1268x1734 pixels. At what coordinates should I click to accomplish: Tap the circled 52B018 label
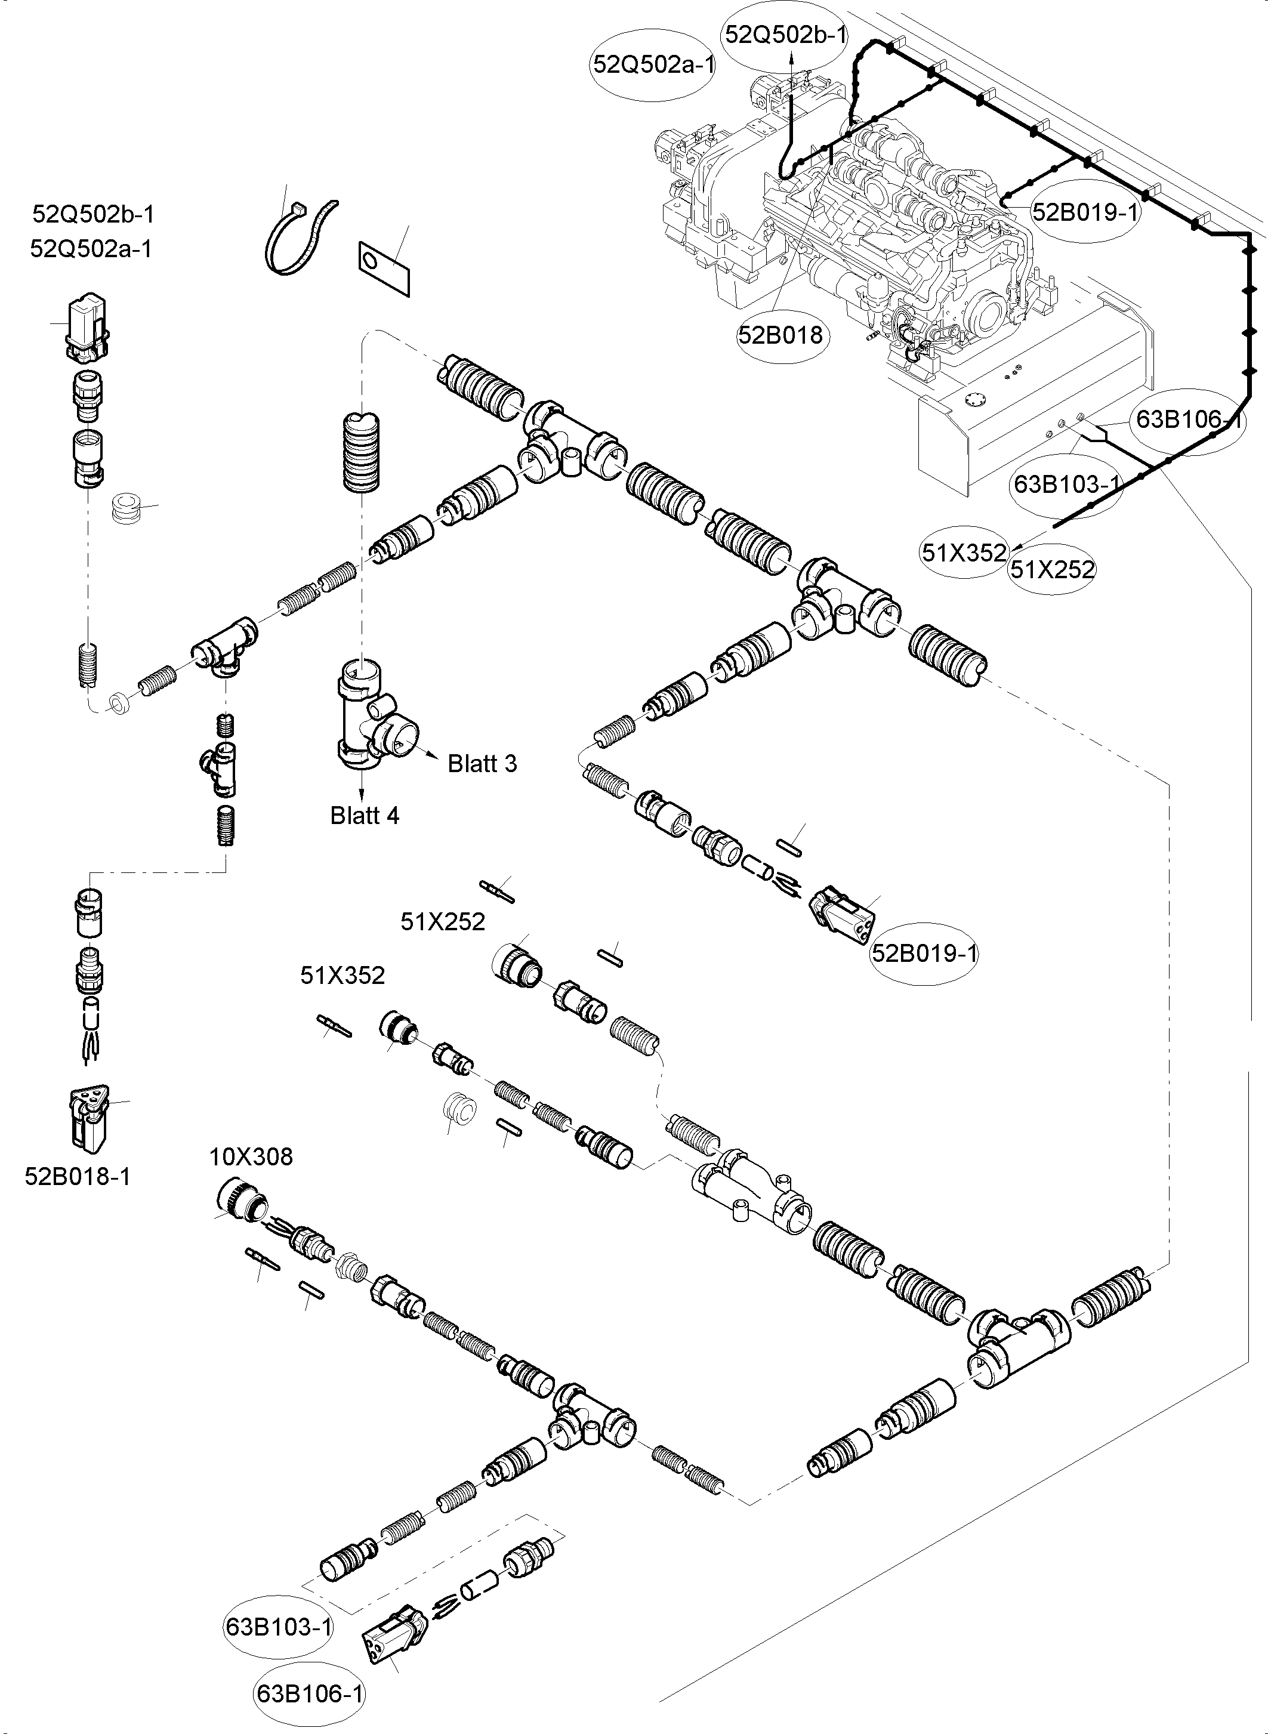(x=780, y=335)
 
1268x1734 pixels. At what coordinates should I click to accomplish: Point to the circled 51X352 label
(x=964, y=553)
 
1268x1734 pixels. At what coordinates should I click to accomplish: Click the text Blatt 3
(x=482, y=764)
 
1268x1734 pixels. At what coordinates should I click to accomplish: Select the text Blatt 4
(x=365, y=815)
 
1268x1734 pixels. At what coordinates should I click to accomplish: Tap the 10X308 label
(x=251, y=1157)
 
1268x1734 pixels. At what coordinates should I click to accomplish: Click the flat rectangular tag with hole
(x=384, y=267)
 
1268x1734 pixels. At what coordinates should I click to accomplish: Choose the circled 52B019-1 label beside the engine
(x=1085, y=212)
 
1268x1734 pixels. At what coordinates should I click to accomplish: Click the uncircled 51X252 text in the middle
(x=443, y=922)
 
